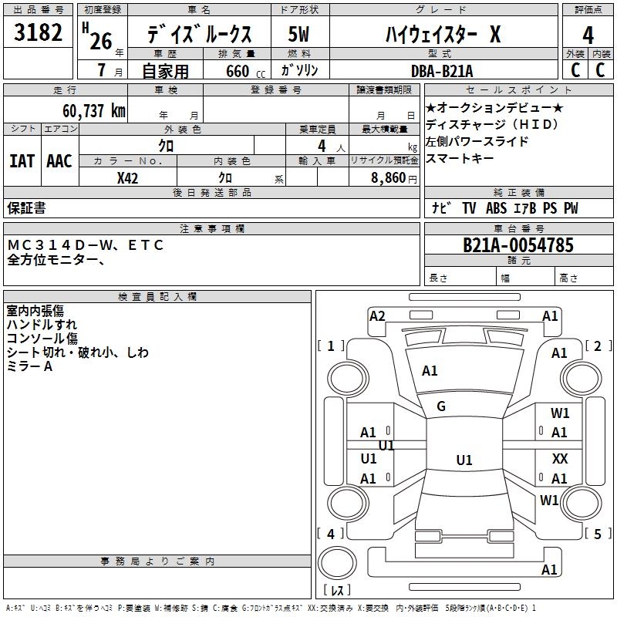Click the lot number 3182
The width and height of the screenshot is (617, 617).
click(x=38, y=32)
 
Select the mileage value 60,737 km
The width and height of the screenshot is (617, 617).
click(x=94, y=111)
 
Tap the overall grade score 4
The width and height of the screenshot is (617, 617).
click(x=588, y=35)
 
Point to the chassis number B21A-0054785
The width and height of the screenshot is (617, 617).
click(x=518, y=245)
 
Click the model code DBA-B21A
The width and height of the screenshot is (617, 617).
click(x=442, y=71)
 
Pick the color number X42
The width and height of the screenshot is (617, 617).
click(x=127, y=178)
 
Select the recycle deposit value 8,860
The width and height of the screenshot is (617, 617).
click(x=388, y=178)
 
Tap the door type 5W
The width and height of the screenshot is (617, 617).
click(x=298, y=34)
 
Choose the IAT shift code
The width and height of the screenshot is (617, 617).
click(x=22, y=161)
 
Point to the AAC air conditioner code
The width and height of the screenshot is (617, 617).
click(x=59, y=161)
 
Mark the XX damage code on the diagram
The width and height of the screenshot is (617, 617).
click(x=560, y=458)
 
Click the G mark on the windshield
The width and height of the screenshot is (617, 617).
click(x=441, y=406)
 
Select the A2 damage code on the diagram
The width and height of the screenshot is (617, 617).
click(x=377, y=316)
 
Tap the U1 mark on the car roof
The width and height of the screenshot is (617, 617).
click(x=464, y=460)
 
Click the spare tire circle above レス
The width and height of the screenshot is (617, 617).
click(x=337, y=563)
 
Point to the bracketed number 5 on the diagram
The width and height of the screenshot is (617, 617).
click(x=597, y=534)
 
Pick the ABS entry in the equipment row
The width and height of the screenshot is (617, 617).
click(x=496, y=208)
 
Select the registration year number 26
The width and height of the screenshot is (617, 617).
click(x=101, y=41)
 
